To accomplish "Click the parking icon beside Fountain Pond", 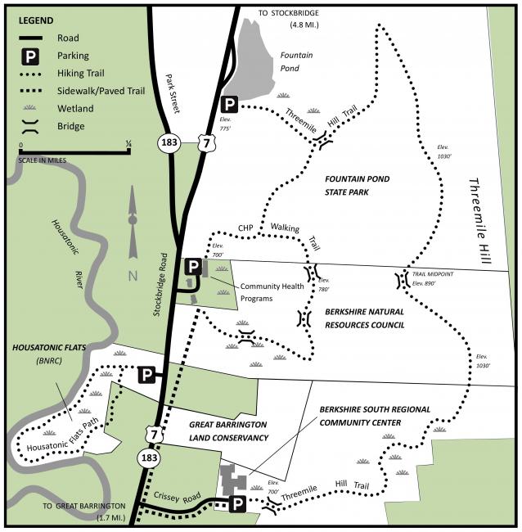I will [x=229, y=104].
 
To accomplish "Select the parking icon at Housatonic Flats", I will [x=146, y=375].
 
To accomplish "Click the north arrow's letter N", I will [x=133, y=275].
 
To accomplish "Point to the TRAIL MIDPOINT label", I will [x=433, y=274].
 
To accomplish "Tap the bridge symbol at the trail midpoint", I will [x=402, y=281].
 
